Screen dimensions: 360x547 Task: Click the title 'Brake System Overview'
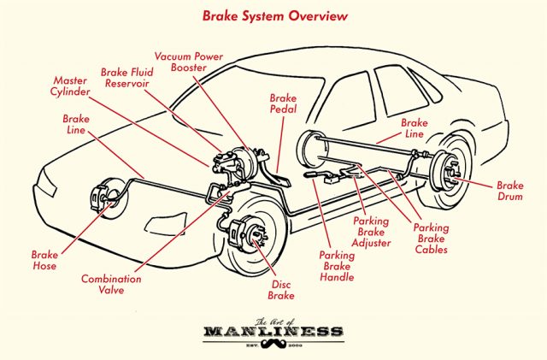tap(273, 15)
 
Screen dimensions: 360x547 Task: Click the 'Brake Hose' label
tap(44, 261)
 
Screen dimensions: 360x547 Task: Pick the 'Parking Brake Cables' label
tap(431, 239)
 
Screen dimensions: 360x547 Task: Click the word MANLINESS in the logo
tap(273, 330)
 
